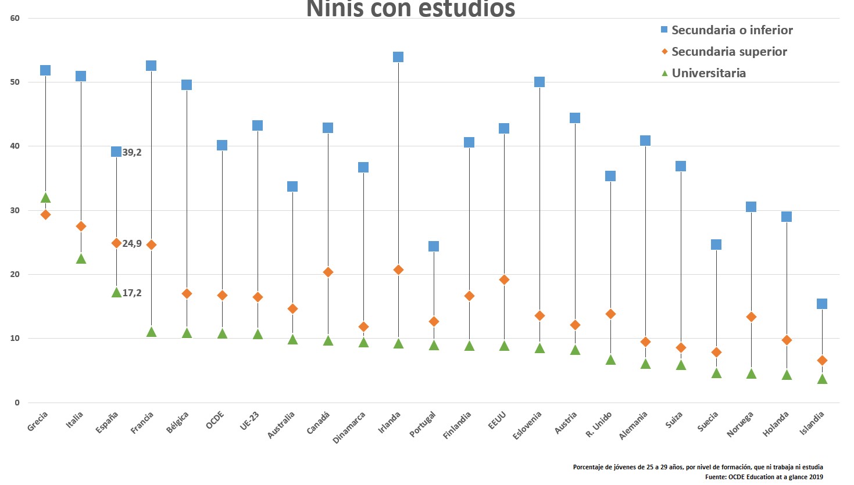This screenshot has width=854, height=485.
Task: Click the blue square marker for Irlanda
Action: (x=398, y=57)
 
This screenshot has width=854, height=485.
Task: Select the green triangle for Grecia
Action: (x=45, y=198)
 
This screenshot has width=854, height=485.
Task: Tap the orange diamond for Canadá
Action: (x=328, y=272)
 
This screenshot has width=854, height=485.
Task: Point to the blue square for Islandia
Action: (x=822, y=304)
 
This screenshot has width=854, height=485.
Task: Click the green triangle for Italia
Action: (x=81, y=258)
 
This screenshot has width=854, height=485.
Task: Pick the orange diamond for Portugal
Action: (x=434, y=321)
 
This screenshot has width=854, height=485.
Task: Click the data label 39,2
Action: (x=132, y=152)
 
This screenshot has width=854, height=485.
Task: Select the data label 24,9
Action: (x=132, y=243)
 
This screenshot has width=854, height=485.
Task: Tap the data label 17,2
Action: (x=132, y=293)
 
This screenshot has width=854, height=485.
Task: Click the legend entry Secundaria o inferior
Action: (x=732, y=30)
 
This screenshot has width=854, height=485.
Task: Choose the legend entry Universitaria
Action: (x=709, y=73)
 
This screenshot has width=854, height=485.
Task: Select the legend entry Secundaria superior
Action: (x=729, y=52)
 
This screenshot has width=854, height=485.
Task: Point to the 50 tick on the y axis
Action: (x=15, y=82)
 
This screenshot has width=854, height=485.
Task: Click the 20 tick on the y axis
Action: (x=15, y=274)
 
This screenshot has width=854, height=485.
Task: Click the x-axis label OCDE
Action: (x=215, y=420)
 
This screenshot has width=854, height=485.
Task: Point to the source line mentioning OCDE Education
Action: (x=764, y=477)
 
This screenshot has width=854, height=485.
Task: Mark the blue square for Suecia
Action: (x=716, y=245)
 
